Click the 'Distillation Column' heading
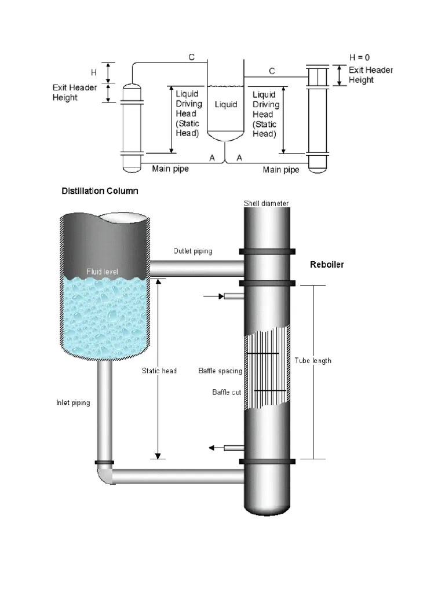coord(100,191)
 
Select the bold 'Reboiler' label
coord(327,265)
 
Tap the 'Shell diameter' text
coord(266,203)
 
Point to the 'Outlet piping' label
coord(193,251)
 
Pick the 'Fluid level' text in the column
coord(102,271)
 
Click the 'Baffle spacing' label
coord(220,371)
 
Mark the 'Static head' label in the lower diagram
coord(159,371)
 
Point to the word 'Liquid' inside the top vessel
coord(226,104)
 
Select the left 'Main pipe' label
coord(170,170)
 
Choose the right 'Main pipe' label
coord(281,170)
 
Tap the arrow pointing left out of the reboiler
coord(214,448)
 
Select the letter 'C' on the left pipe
coord(191,57)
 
